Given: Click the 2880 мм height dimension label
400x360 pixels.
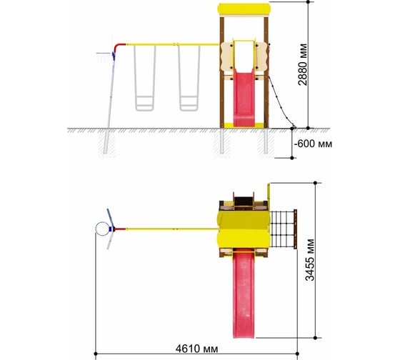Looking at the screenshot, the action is [x=303, y=64].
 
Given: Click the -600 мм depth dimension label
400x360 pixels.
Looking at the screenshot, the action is [x=314, y=144].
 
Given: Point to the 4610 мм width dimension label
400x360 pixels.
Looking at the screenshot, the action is [x=196, y=349].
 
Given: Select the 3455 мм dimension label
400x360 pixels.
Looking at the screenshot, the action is [x=310, y=260].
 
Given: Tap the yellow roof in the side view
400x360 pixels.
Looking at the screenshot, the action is [x=244, y=9].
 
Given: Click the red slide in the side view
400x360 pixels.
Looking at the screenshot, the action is [x=244, y=99].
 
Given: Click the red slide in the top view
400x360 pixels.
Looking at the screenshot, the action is [x=244, y=294].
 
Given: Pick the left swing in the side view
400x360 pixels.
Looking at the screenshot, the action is [x=144, y=78].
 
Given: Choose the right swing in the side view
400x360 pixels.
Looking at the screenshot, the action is [x=189, y=78].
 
